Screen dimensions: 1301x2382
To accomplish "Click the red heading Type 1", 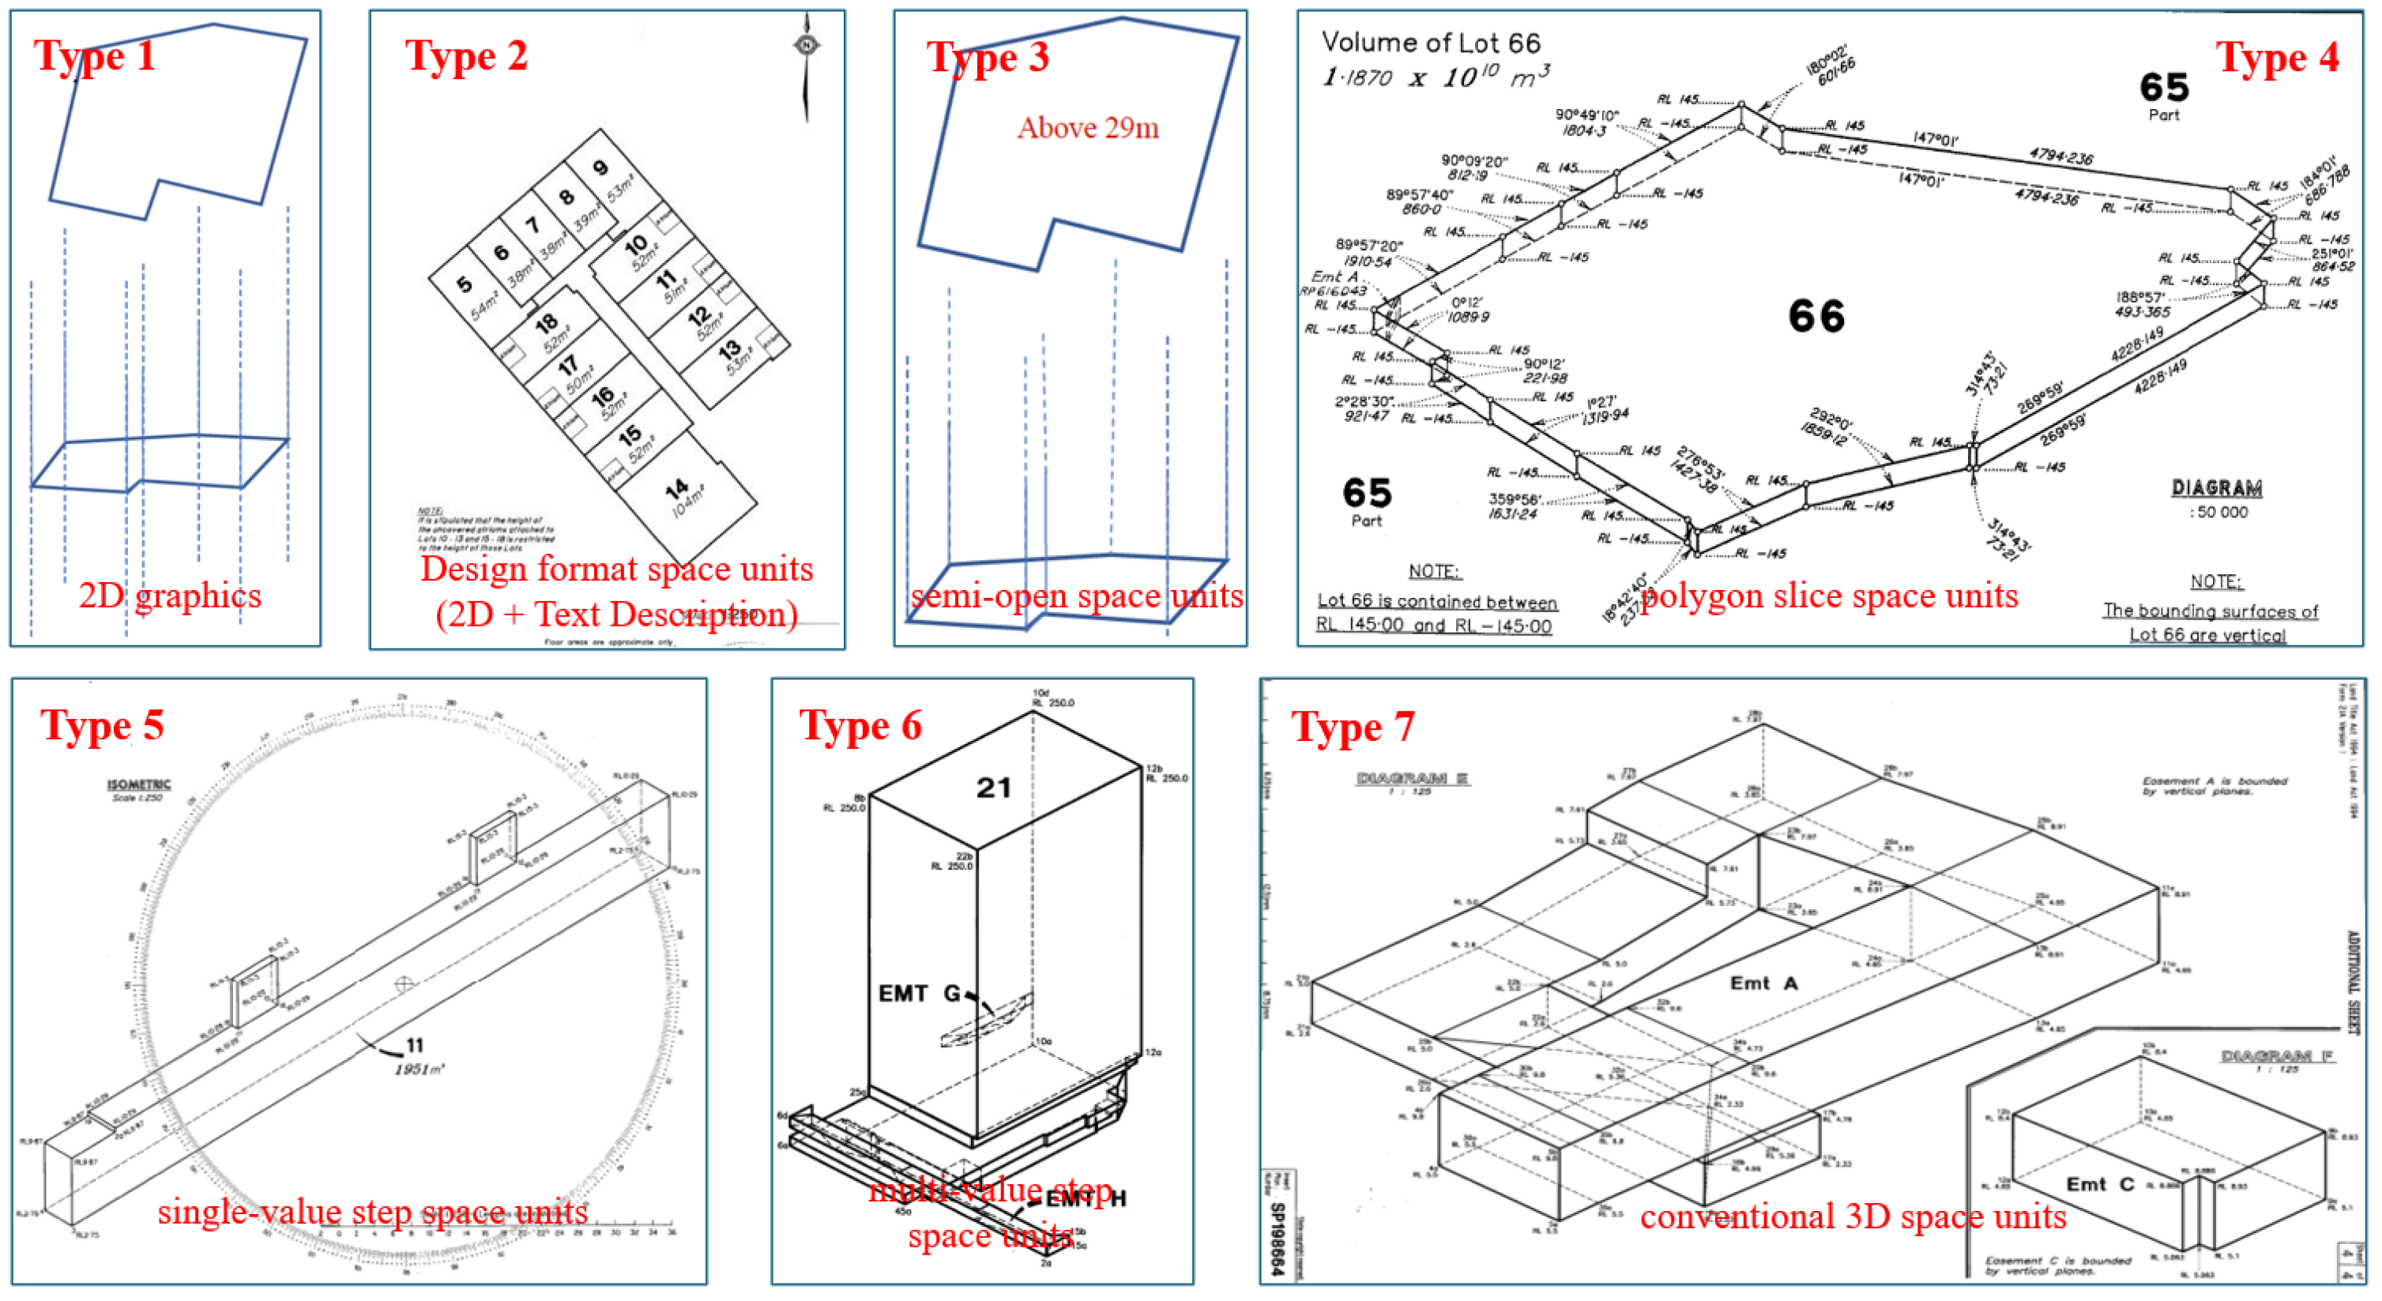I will (x=94, y=55).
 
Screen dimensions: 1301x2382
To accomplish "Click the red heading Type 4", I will (x=2277, y=58).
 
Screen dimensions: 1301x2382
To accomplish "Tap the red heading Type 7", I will (x=1352, y=727).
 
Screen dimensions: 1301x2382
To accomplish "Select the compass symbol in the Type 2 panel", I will (x=807, y=45).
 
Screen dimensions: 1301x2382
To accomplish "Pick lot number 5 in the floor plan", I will (x=465, y=284).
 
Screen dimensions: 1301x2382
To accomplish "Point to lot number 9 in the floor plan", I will (x=600, y=167).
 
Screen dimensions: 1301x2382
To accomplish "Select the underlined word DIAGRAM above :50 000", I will (x=2216, y=488).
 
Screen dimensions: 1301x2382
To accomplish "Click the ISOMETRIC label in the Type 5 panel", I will (x=139, y=784).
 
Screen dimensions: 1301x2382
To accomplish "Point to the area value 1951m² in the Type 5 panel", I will (x=419, y=1069).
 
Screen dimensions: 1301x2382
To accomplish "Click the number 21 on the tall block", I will (x=993, y=788).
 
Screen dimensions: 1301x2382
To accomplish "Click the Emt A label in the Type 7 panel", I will (x=1763, y=983).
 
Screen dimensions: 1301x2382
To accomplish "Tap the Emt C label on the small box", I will (x=2100, y=1185).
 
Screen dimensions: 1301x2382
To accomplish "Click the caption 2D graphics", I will (x=170, y=596).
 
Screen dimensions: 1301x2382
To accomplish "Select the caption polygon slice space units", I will (x=1829, y=596).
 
